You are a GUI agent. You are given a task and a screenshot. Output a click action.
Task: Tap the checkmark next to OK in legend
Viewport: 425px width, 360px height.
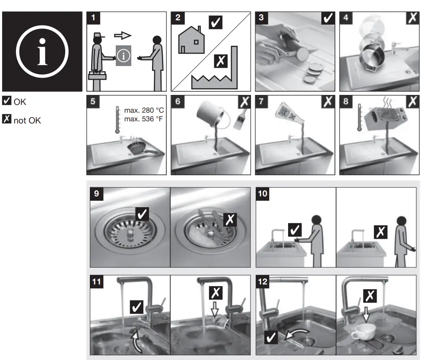click(x=6, y=101)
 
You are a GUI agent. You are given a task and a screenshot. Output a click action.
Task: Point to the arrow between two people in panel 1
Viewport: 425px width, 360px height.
click(x=123, y=35)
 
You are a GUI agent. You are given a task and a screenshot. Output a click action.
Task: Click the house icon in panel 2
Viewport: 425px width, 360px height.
click(x=191, y=40)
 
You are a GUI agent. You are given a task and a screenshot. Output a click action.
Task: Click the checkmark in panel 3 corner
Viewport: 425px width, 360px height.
click(x=328, y=19)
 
